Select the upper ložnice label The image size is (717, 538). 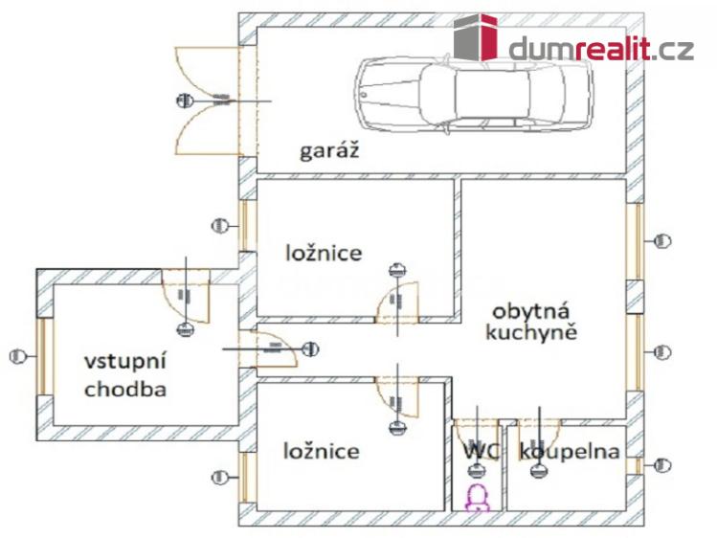pyautogui.click(x=325, y=253)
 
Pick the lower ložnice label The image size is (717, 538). pyautogui.click(x=322, y=451)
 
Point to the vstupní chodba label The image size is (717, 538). pyautogui.click(x=125, y=375)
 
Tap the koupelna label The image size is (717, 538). pyautogui.click(x=569, y=451)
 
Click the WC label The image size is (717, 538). pyautogui.click(x=480, y=451)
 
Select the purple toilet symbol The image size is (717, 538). pyautogui.click(x=477, y=496)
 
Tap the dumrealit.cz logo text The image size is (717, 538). pyautogui.click(x=601, y=49)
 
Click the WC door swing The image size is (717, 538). pyautogui.click(x=474, y=436)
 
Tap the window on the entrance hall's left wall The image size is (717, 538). pyautogui.click(x=42, y=356)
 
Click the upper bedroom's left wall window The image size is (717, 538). pyautogui.click(x=246, y=225)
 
